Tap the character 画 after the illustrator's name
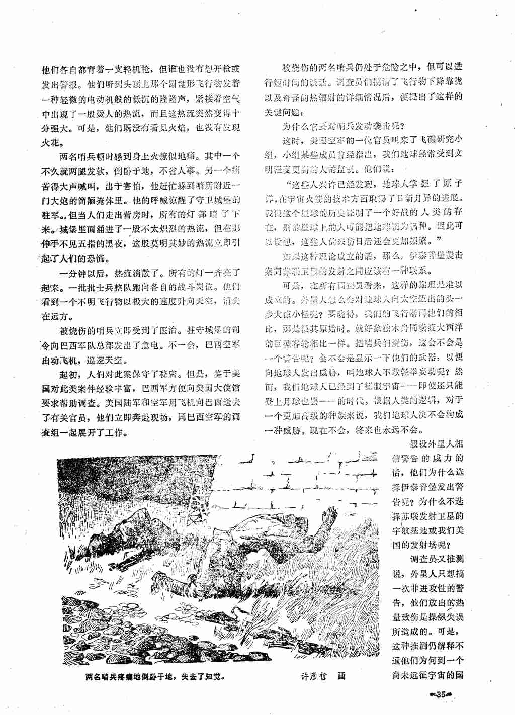(342, 676)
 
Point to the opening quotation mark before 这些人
(288, 184)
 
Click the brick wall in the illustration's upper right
(322, 478)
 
